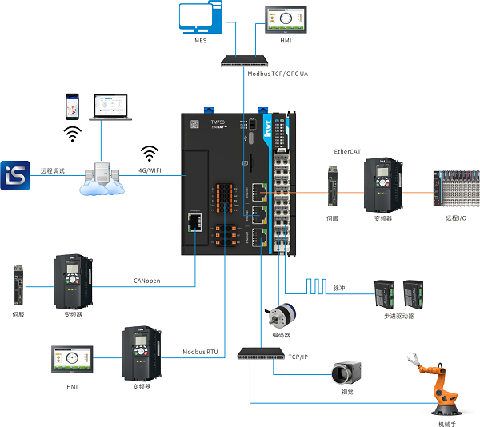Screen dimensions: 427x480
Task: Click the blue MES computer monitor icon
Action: pos(201,18)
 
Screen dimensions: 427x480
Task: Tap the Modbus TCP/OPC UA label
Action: pos(278,73)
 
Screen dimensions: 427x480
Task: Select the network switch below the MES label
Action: pos(248,60)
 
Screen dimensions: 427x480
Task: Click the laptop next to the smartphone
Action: pos(111,107)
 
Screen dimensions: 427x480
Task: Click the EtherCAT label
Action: pos(349,151)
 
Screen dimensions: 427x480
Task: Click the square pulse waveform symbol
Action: pos(314,285)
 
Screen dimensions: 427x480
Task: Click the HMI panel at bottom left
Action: pos(72,360)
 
